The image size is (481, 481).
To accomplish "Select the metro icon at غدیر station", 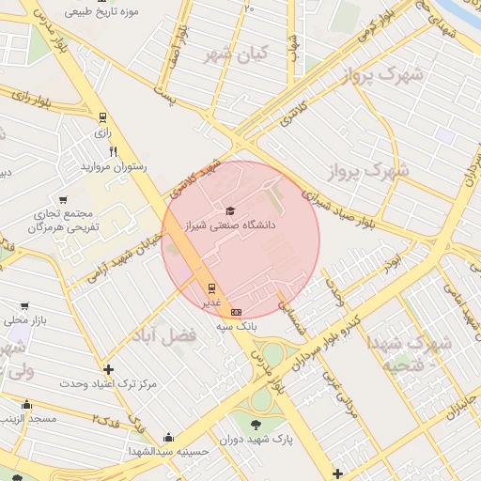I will pos(211,288).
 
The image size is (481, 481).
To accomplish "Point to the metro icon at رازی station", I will pos(101,118).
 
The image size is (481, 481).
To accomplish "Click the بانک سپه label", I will pos(236,325).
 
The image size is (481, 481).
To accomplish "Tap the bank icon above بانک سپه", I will pos(235,312).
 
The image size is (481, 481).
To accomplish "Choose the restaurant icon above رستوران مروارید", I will pos(114,151).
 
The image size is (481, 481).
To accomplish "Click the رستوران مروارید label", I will pos(114,166).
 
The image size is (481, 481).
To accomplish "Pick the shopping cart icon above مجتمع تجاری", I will pos(63,199).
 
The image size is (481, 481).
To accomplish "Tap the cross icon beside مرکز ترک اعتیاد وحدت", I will pos(109,369).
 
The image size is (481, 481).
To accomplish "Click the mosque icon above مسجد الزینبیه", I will pos(25,405).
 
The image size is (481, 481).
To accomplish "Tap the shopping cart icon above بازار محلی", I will pos(24,306).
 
